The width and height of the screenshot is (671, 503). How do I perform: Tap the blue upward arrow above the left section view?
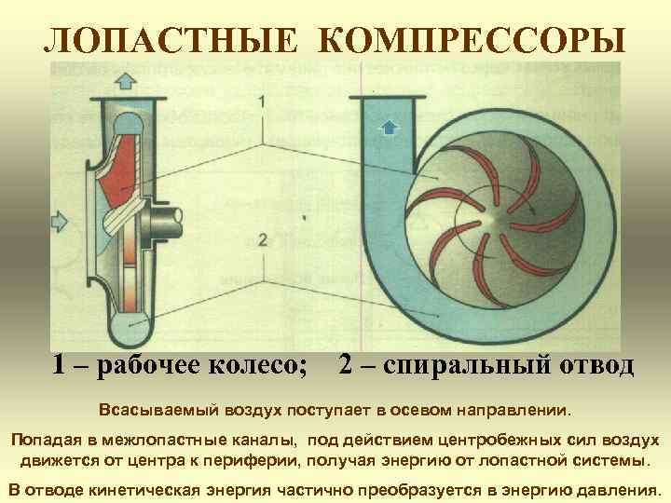(x=125, y=78)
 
